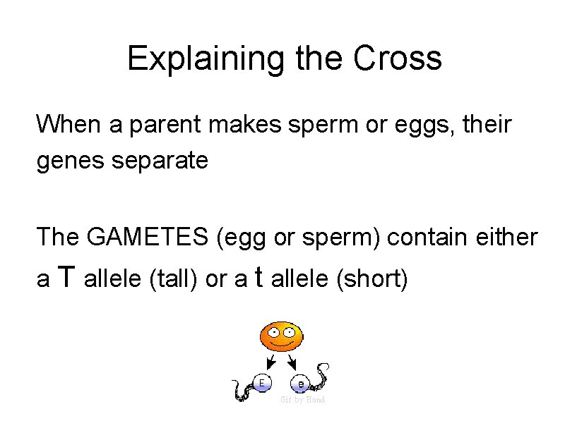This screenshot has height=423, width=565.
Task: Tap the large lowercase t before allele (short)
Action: click(x=258, y=278)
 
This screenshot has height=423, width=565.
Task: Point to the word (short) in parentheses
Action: click(x=373, y=280)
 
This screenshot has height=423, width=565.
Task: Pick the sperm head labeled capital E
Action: click(x=262, y=383)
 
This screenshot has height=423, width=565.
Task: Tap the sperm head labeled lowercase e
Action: click(x=301, y=384)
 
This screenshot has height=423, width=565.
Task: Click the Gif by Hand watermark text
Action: click(x=302, y=400)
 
